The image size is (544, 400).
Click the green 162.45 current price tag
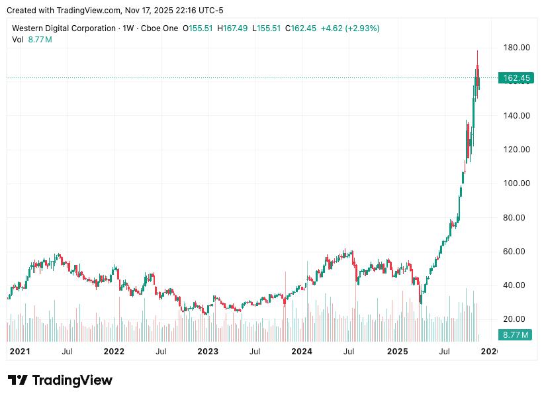click(517, 78)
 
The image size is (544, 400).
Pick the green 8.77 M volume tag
click(516, 335)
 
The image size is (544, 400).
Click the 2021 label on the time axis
click(20, 351)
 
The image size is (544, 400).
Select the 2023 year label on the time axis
click(208, 351)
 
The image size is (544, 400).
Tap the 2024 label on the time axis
click(302, 351)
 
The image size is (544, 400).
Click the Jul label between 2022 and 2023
click(161, 351)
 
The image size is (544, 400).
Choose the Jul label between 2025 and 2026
click(444, 351)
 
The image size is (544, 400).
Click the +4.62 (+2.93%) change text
click(350, 28)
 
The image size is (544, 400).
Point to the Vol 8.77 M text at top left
click(32, 40)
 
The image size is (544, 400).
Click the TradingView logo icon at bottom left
click(18, 380)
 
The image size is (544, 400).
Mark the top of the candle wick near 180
click(478, 51)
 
